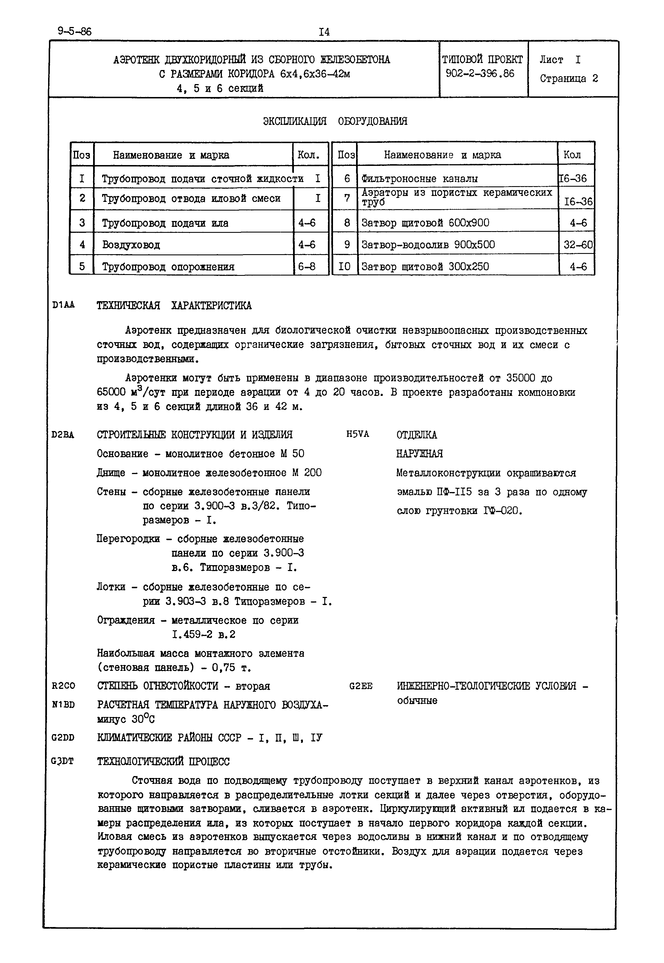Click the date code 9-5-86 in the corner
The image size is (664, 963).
[75, 31]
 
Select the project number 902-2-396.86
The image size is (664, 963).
[480, 74]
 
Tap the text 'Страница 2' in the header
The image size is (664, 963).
[569, 79]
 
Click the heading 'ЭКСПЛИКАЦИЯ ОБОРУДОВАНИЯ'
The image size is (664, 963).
[335, 121]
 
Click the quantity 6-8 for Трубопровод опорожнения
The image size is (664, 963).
[307, 267]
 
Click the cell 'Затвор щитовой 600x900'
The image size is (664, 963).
[425, 223]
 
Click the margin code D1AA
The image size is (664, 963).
[64, 305]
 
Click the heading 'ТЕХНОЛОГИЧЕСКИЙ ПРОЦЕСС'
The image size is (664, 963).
[163, 762]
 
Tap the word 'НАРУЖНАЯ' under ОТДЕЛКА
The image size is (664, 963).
[419, 454]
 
